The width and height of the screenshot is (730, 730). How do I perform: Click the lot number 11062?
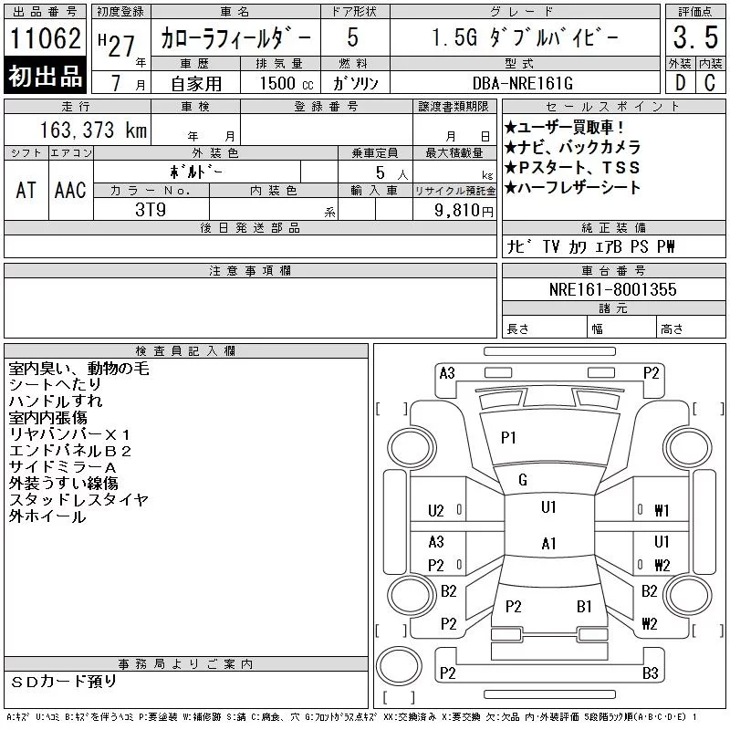pyautogui.click(x=45, y=38)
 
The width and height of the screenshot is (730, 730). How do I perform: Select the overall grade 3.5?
pyautogui.click(x=695, y=37)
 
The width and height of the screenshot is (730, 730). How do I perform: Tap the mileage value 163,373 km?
pyautogui.click(x=93, y=130)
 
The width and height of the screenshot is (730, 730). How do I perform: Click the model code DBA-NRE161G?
pyautogui.click(x=523, y=83)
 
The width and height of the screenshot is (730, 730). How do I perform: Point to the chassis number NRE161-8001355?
pyautogui.click(x=612, y=289)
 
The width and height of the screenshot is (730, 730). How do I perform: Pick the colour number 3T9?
pyautogui.click(x=151, y=210)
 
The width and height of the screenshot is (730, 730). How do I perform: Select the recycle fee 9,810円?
pyautogui.click(x=464, y=210)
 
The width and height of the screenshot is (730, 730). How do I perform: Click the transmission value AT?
pyautogui.click(x=26, y=190)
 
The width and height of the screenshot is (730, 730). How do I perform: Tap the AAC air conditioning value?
pyautogui.click(x=70, y=190)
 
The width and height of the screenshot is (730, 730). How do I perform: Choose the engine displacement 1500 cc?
pyautogui.click(x=287, y=83)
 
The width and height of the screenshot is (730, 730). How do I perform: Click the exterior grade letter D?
pyautogui.click(x=680, y=83)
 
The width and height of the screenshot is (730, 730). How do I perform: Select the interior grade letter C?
pyautogui.click(x=710, y=83)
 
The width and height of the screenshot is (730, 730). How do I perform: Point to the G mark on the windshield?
pyautogui.click(x=523, y=480)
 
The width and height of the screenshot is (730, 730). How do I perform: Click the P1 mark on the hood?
pyautogui.click(x=508, y=438)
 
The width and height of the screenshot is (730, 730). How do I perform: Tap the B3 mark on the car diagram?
pyautogui.click(x=651, y=673)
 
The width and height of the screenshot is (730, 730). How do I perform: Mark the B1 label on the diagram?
pyautogui.click(x=584, y=607)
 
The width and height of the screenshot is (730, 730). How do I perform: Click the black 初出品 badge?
pyautogui.click(x=45, y=76)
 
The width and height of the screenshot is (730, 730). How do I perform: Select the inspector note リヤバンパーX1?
pyautogui.click(x=69, y=434)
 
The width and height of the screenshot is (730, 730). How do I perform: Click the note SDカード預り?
pyautogui.click(x=63, y=682)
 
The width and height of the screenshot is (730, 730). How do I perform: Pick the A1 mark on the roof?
pyautogui.click(x=549, y=543)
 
